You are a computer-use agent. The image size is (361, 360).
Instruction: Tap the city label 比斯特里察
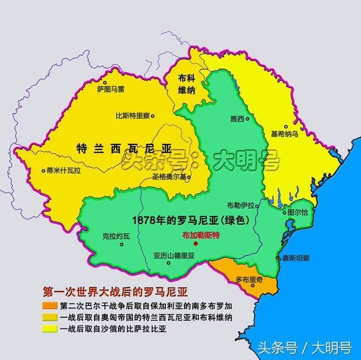tap(131, 115)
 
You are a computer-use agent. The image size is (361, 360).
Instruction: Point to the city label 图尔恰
tap(297, 212)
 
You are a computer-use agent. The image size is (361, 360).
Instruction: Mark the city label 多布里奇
tap(250, 279)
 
